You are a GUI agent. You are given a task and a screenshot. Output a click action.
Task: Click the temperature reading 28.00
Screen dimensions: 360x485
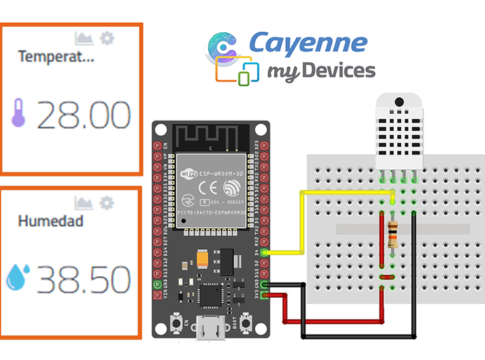point(84,116)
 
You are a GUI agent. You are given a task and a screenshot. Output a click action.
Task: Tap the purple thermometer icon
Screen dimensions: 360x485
point(18,115)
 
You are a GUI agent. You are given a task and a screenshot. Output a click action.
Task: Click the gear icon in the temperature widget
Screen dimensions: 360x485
point(108,38)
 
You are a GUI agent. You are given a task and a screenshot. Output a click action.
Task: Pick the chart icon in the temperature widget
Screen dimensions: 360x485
point(85,38)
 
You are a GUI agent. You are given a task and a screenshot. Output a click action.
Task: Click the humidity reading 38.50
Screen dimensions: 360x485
point(84,277)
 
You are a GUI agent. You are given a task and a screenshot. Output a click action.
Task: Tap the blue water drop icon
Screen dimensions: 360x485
point(17,277)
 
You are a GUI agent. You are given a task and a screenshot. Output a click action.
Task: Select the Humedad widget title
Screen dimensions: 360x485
point(49,221)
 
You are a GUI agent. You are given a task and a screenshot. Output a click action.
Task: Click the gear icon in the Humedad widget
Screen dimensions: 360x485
point(109,203)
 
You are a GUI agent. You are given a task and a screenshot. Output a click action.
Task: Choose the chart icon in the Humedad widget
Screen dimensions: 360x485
point(86,203)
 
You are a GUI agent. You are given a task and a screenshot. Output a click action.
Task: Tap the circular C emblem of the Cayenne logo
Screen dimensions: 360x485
point(224,48)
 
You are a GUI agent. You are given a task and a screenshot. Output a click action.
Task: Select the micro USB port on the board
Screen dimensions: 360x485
point(209,328)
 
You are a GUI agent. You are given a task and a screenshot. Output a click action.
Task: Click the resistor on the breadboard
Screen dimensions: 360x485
point(390,236)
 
